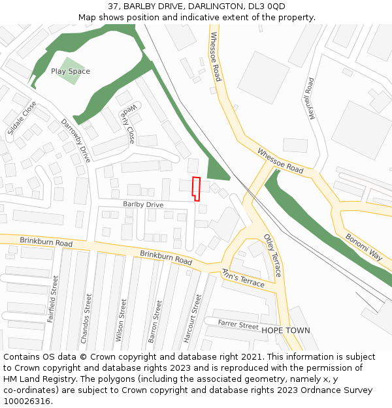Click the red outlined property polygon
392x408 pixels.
pyautogui.click(x=195, y=187)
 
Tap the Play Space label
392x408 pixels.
pyautogui.click(x=71, y=71)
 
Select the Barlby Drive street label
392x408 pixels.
pyautogui.click(x=143, y=205)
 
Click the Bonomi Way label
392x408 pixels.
pyautogui.click(x=364, y=247)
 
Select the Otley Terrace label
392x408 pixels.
pyautogui.click(x=272, y=255)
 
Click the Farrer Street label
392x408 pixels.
pyautogui.click(x=238, y=324)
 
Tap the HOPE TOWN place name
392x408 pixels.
pyautogui.click(x=286, y=330)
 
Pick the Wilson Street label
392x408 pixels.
pyautogui.click(x=120, y=321)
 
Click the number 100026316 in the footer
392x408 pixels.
pyautogui.click(x=26, y=401)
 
